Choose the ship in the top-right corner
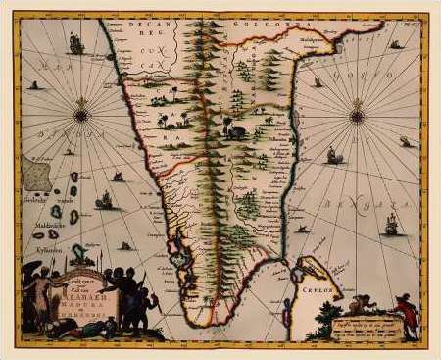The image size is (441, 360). click(x=395, y=44)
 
